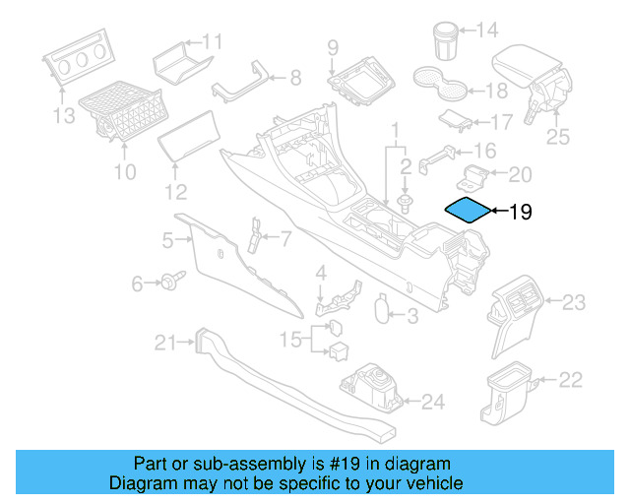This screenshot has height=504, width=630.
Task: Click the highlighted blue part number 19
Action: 467,210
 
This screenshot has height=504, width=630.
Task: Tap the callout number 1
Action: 396,129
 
